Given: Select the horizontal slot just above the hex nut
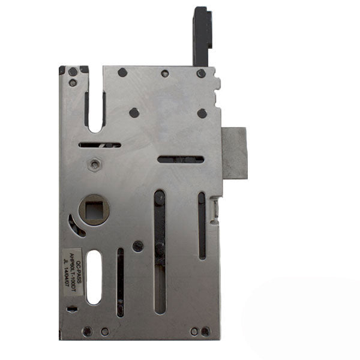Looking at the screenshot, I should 100,145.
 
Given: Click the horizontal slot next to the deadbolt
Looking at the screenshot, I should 181,159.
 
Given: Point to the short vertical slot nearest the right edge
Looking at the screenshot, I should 201,225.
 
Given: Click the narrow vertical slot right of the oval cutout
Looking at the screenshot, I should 121,282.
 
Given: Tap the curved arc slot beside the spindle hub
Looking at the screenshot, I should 73,226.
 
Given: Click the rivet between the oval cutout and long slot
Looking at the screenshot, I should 138,245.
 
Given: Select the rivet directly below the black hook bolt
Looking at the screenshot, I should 201,73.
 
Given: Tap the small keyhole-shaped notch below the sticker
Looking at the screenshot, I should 73,310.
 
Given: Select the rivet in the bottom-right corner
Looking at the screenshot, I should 205,331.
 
